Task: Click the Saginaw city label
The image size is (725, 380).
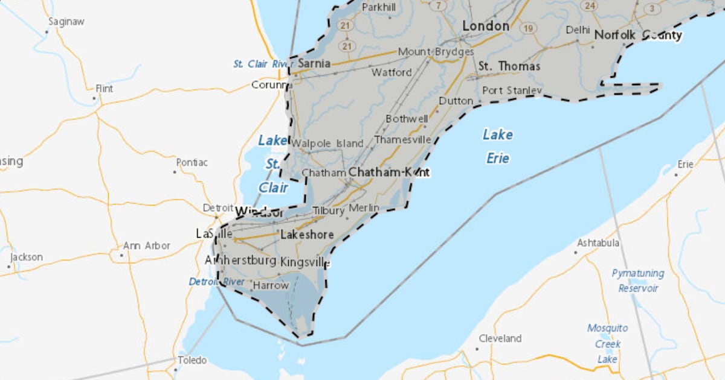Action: click(66, 22)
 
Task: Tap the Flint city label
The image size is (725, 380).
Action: click(104, 88)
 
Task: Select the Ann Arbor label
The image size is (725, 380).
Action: click(147, 246)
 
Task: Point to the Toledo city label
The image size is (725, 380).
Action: click(192, 360)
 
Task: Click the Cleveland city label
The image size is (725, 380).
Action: click(500, 338)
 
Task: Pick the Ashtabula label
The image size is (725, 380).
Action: click(598, 243)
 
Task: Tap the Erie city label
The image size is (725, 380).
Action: click(685, 164)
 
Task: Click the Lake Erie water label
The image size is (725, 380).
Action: click(498, 146)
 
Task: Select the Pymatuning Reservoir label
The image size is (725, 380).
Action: click(638, 280)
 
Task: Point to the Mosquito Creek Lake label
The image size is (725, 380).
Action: click(607, 344)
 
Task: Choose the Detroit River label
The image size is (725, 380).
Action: click(216, 282)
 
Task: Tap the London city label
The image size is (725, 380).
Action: click(486, 26)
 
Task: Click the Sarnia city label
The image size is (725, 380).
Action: click(314, 63)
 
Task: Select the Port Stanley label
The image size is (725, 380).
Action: click(512, 90)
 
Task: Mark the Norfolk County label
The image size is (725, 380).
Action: click(638, 36)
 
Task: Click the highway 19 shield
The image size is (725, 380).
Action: click(529, 28)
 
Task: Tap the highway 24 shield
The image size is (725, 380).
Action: click(589, 5)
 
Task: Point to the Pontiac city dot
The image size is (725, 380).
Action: click(175, 172)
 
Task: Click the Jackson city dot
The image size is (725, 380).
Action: click(9, 266)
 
